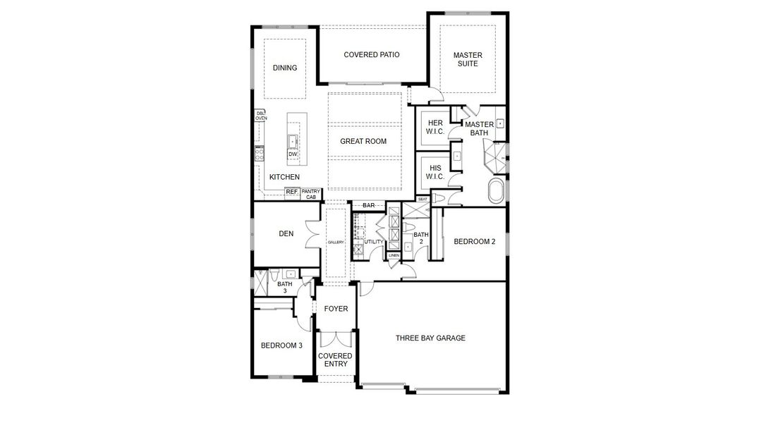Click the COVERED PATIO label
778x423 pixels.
pyautogui.click(x=372, y=55)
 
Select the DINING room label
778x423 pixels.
pyautogui.click(x=285, y=68)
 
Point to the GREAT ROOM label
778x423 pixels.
pyautogui.click(x=363, y=142)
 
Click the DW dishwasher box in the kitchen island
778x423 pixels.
pyautogui.click(x=292, y=154)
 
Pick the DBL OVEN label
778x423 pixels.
pyautogui.click(x=260, y=116)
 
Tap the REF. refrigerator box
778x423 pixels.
pyautogui.click(x=291, y=192)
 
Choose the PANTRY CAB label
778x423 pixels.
pyautogui.click(x=311, y=194)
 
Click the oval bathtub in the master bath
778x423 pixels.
pyautogui.click(x=497, y=191)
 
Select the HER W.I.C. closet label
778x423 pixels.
pyautogui.click(x=435, y=127)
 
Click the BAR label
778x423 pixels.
pyautogui.click(x=369, y=206)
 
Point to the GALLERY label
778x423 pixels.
pyautogui.click(x=336, y=243)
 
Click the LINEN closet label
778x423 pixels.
pyautogui.click(x=394, y=255)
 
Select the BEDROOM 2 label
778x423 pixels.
pyautogui.click(x=474, y=242)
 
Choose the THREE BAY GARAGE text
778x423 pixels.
pyautogui.click(x=430, y=338)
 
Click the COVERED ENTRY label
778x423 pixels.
pyautogui.click(x=335, y=360)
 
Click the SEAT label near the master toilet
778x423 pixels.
pyautogui.click(x=423, y=200)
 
